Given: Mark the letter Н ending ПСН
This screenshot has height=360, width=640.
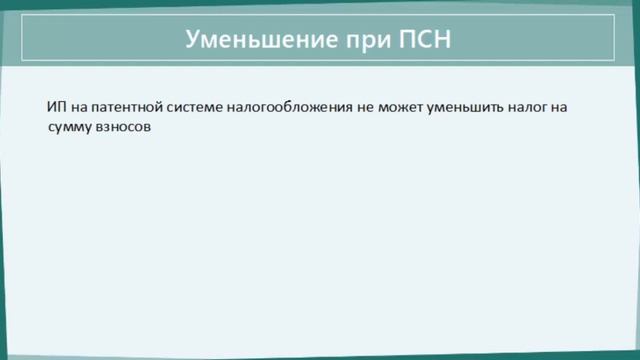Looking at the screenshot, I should [444, 40].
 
